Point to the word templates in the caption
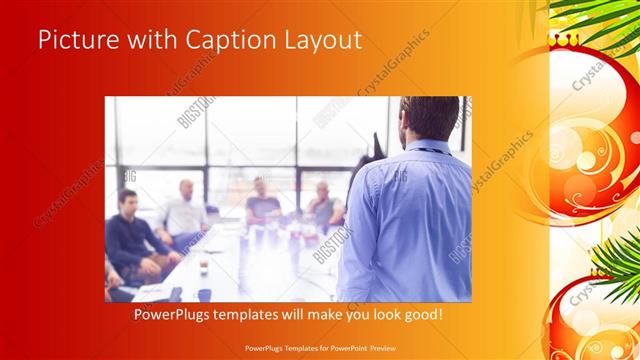(x=255, y=315)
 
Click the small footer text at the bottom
(x=319, y=350)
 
